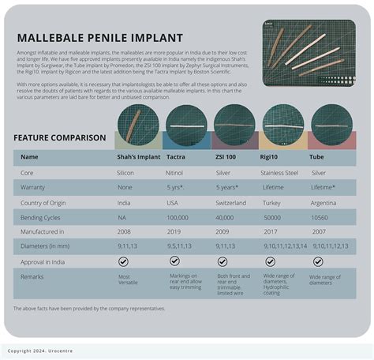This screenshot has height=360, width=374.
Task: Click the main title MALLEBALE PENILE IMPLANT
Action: coord(99,38)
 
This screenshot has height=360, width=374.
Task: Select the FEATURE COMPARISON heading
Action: coord(59,137)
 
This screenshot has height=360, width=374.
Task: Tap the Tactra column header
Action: coord(176,157)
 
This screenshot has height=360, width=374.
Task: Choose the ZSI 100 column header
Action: coord(225,157)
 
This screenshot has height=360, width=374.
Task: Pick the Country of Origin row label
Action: coord(47,201)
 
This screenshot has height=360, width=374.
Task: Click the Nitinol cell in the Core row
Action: coord(177,172)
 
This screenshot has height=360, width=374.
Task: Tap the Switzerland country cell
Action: coord(230,201)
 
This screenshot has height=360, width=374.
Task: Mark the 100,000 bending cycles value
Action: coord(178,216)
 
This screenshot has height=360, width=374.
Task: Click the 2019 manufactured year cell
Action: coord(175,231)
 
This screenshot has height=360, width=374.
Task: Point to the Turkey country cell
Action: coord(273,201)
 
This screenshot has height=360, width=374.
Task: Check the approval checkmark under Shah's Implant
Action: coord(124,261)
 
